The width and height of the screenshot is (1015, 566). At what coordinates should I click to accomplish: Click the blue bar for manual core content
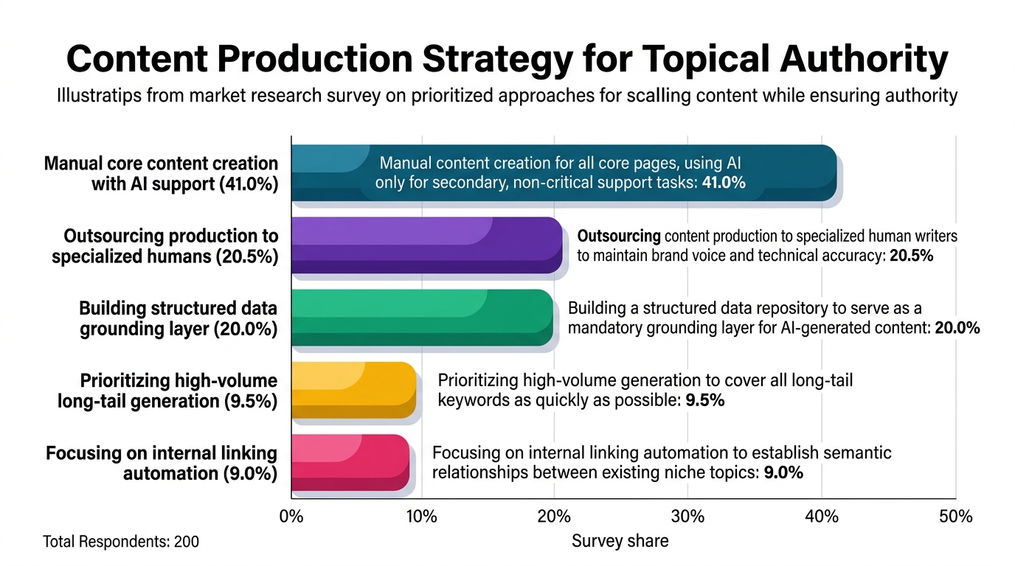(x=564, y=173)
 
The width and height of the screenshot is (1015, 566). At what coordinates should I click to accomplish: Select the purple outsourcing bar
(x=427, y=245)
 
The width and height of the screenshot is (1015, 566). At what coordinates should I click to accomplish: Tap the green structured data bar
(x=423, y=318)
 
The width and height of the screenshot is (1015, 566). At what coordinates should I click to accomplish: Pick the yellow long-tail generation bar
(x=354, y=390)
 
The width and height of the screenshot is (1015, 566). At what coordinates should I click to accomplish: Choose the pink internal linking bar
(x=350, y=462)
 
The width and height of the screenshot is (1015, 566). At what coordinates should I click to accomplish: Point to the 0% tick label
(x=291, y=517)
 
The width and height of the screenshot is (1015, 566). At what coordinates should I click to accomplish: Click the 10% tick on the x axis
(x=422, y=517)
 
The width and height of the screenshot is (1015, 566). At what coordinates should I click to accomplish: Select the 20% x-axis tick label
(x=554, y=517)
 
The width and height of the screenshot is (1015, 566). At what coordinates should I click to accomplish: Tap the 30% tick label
(x=687, y=517)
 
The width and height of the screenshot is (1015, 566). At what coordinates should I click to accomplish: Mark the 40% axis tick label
(x=822, y=517)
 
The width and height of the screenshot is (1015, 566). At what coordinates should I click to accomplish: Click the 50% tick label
(x=956, y=517)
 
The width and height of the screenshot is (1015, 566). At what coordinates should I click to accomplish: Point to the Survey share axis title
(x=620, y=541)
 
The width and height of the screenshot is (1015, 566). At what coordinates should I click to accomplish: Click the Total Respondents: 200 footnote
(x=121, y=542)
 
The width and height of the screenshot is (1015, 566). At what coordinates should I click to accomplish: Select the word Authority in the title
(x=864, y=60)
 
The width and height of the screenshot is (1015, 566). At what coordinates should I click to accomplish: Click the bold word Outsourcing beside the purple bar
(x=619, y=237)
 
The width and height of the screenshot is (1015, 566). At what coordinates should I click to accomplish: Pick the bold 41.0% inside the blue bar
(x=724, y=183)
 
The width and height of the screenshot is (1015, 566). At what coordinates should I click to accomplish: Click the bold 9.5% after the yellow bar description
(x=704, y=400)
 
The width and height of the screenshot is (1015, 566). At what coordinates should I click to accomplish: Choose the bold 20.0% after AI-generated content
(x=957, y=328)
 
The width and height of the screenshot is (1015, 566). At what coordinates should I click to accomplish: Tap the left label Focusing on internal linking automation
(x=162, y=463)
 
